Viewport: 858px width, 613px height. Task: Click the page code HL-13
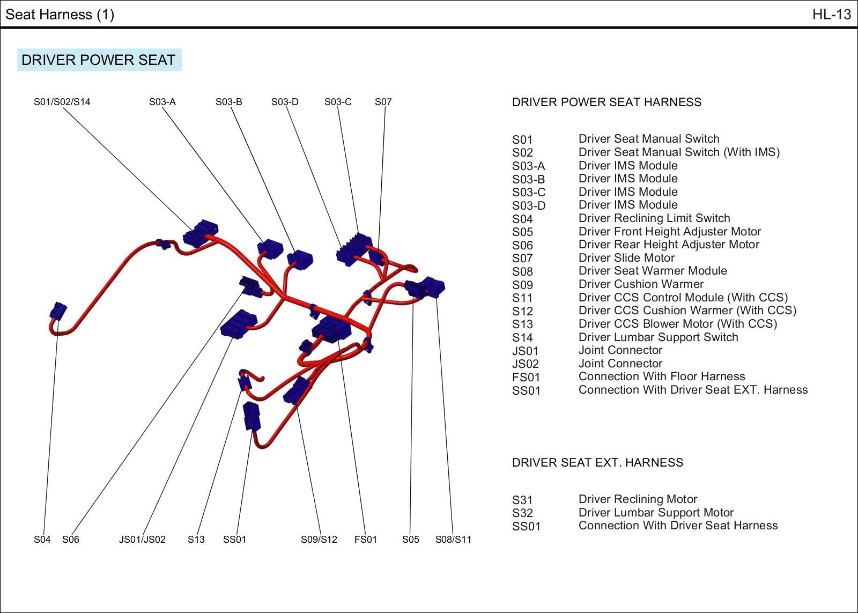[831, 14]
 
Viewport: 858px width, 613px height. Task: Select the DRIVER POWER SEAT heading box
[99, 60]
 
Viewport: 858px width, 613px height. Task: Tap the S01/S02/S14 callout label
[62, 102]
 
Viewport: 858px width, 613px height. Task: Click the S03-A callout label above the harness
[162, 102]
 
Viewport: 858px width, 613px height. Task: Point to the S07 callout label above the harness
[383, 102]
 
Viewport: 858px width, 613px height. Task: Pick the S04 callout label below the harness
[42, 540]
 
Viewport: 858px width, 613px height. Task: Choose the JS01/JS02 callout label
[142, 540]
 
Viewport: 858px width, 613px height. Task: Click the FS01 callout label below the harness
[365, 540]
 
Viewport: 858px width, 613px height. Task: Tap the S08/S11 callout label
[453, 540]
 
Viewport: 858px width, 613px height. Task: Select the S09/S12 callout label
[319, 540]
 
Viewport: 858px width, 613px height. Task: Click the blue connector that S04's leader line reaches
[58, 311]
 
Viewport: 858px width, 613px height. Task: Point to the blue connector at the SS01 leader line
[251, 416]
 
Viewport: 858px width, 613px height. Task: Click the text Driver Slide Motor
[626, 258]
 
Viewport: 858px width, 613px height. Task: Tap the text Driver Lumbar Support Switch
[658, 337]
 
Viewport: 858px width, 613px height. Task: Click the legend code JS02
[525, 364]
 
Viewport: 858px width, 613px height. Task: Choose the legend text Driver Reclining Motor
[638, 499]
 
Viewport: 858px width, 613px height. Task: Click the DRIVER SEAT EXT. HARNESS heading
[597, 463]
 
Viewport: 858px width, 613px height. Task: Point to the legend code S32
[522, 513]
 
